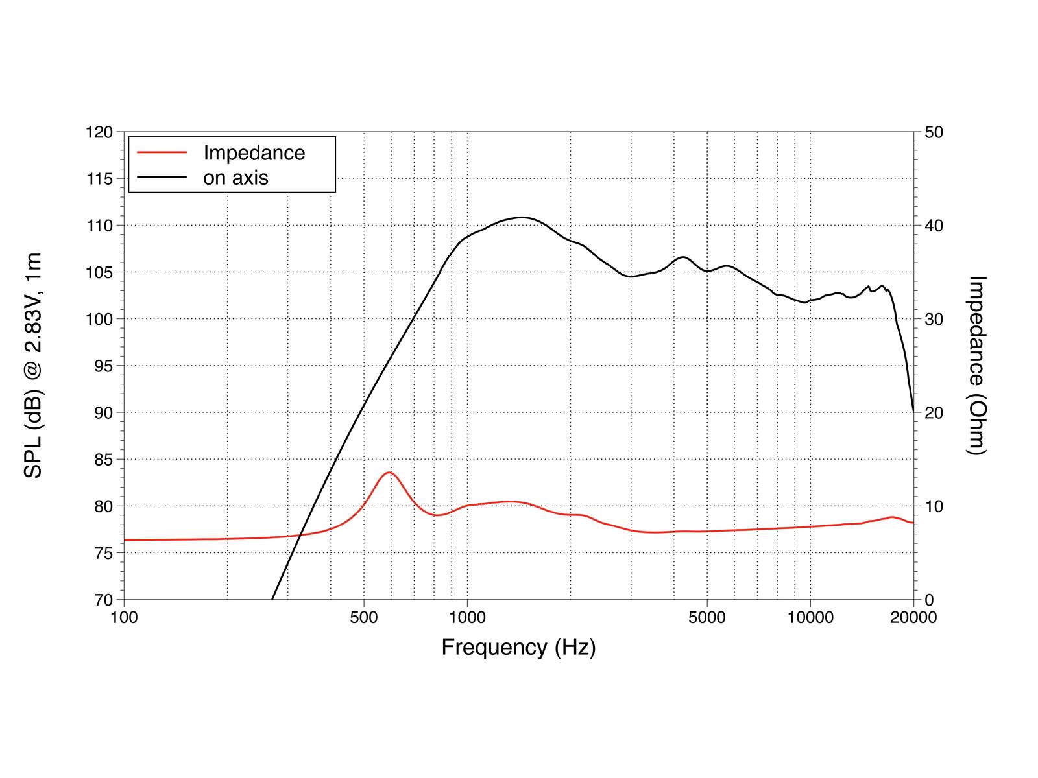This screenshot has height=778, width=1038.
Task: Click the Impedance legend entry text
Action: click(254, 153)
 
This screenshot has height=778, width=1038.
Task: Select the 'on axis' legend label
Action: click(235, 178)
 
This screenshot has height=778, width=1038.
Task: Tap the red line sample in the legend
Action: click(162, 152)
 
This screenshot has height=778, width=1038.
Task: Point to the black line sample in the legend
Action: click(162, 178)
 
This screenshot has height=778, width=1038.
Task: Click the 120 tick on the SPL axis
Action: click(99, 132)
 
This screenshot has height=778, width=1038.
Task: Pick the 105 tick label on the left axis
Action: click(99, 272)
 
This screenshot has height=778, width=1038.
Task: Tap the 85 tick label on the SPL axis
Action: click(103, 460)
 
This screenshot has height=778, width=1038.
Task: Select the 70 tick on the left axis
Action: click(103, 600)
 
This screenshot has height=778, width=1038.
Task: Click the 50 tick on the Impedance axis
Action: click(934, 132)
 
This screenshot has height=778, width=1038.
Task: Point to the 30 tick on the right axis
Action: click(934, 320)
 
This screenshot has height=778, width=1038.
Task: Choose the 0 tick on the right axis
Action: click(929, 600)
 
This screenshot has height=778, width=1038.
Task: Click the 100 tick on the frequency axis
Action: click(124, 617)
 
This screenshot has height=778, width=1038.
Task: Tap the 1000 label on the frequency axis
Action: click(467, 617)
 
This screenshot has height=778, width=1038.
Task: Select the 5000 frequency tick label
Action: click(707, 617)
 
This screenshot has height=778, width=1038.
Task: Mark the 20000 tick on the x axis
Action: click(913, 617)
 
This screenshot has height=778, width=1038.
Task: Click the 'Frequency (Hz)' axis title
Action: click(519, 648)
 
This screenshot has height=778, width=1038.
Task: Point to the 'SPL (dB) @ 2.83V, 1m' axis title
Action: click(32, 365)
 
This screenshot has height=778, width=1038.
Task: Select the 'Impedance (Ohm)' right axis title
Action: click(976, 366)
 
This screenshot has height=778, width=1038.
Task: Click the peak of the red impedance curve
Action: click(389, 473)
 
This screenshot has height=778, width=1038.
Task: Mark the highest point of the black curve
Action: click(521, 217)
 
